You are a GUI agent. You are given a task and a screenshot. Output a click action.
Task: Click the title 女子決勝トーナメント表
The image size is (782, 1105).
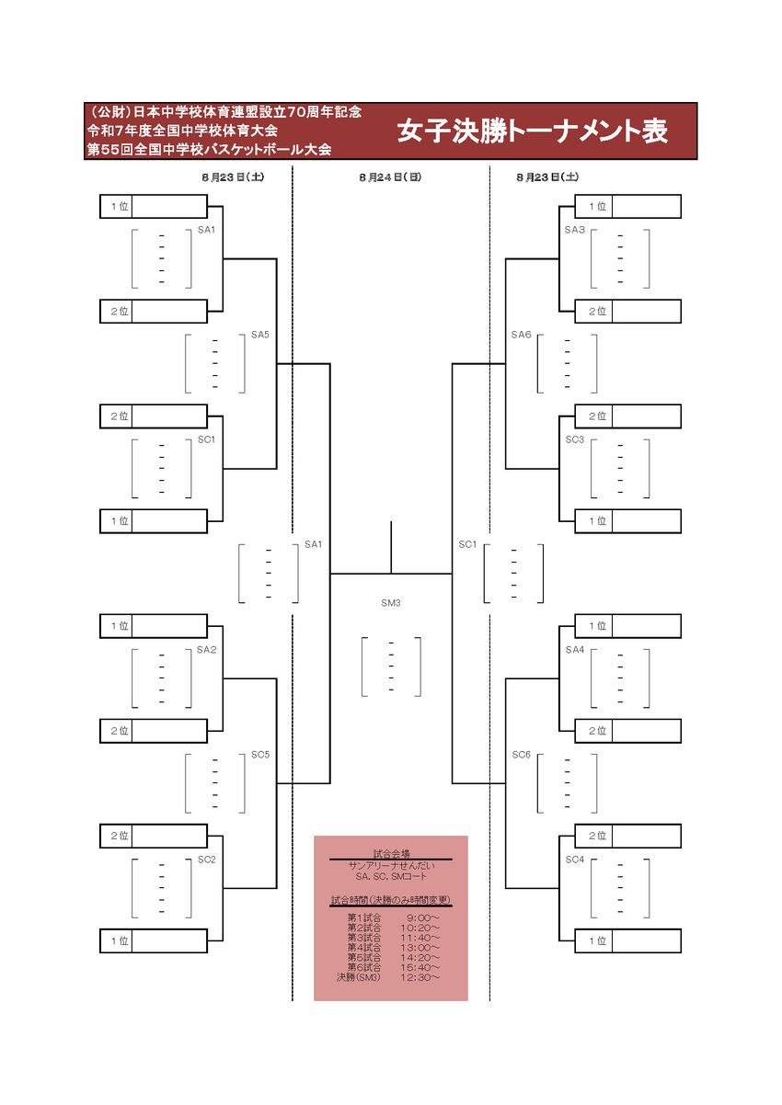[533, 131]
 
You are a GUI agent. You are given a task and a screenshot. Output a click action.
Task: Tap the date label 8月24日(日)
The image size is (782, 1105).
[390, 177]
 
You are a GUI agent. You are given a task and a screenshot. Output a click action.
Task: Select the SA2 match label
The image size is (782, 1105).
[206, 650]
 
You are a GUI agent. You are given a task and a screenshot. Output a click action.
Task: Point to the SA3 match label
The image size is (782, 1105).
[575, 230]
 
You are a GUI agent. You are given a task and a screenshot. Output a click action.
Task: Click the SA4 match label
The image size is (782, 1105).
[575, 650]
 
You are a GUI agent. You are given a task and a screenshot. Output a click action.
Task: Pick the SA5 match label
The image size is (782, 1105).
[260, 335]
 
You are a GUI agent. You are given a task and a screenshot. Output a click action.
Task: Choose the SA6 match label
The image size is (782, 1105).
[522, 335]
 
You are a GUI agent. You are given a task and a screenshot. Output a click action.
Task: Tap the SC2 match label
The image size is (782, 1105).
[206, 860]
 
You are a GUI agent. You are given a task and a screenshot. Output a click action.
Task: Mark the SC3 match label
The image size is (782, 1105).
[575, 439]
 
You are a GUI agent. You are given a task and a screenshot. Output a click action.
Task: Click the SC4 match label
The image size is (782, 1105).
[575, 860]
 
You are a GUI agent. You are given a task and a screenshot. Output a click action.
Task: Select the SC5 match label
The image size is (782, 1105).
[260, 755]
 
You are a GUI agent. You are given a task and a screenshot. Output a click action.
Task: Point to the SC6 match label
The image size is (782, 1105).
[522, 755]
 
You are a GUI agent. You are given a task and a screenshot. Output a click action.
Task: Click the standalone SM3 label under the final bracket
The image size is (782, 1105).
[391, 604]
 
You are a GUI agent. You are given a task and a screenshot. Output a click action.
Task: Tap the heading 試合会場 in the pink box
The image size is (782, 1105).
[390, 854]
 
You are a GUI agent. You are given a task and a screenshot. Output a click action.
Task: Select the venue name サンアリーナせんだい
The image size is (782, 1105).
[390, 866]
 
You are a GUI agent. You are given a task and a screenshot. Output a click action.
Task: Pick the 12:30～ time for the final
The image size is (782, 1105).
[421, 976]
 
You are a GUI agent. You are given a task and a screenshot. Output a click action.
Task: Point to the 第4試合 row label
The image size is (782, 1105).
[364, 947]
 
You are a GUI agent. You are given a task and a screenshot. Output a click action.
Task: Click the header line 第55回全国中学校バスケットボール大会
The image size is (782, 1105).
[209, 149]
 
